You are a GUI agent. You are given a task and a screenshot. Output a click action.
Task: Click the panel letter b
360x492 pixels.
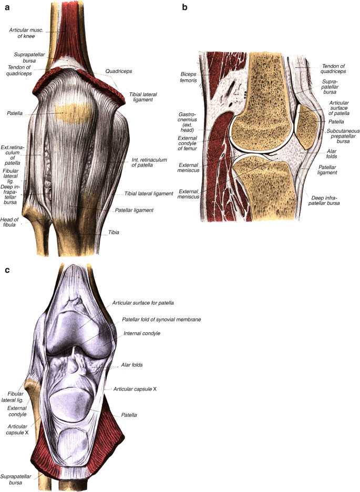coord(184,7)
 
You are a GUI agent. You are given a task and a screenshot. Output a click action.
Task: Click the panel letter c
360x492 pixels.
coord(7,270)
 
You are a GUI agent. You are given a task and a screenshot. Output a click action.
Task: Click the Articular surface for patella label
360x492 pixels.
coord(143,303)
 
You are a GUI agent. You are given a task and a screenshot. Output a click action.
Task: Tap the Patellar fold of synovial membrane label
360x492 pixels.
coord(161,319)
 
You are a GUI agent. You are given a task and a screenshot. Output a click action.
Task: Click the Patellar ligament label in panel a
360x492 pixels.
coord(133,210)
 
